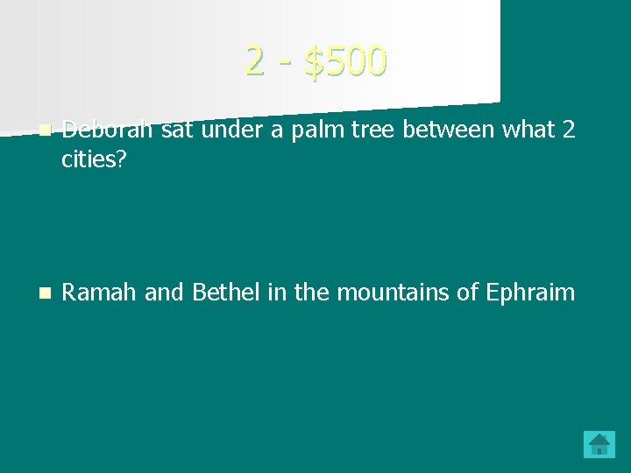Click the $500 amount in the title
click(x=344, y=60)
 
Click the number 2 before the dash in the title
click(x=255, y=60)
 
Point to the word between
click(x=420, y=131)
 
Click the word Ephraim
click(x=530, y=292)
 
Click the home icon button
click(x=599, y=443)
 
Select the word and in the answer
click(x=161, y=292)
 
